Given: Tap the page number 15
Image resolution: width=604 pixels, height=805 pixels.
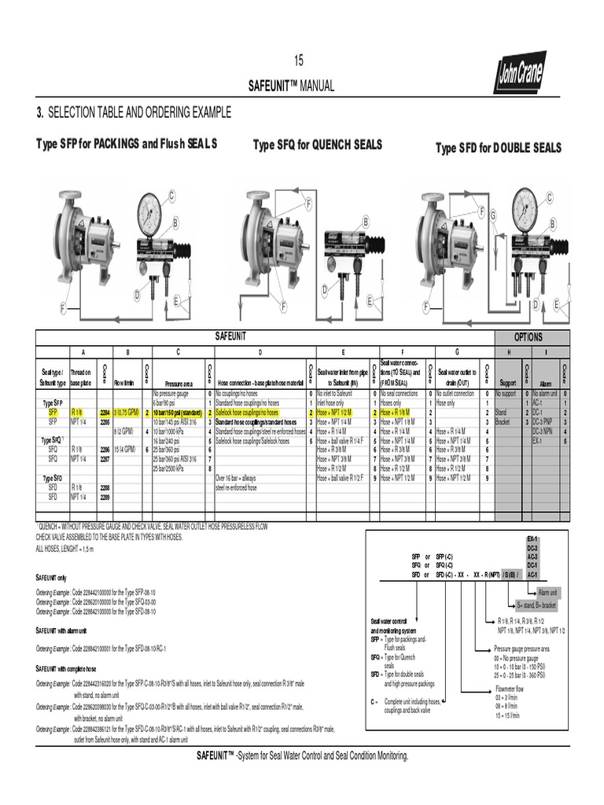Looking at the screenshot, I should coord(298,61).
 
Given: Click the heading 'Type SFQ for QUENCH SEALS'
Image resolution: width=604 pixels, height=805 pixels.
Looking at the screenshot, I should coord(317,145).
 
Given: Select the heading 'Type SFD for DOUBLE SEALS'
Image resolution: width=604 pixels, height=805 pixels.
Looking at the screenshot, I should coord(499,149).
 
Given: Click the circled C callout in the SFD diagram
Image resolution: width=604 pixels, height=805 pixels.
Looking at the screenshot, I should coord(550,197).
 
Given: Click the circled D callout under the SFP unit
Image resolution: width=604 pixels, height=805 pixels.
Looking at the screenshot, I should coord(136,293).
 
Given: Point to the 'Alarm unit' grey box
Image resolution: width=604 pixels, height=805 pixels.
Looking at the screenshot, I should coord(548,592).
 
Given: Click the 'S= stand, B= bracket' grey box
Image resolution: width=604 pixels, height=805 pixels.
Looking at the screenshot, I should coord(536,605).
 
